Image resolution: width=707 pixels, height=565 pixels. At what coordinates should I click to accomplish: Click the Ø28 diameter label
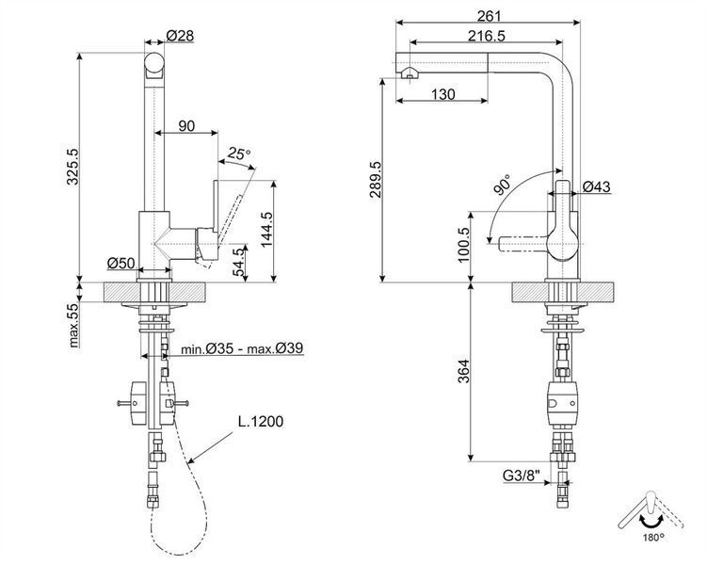pos(180,35)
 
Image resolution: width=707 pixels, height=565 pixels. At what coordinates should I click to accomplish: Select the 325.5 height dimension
pos(72,167)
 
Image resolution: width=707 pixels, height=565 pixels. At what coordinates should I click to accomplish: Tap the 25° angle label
pos(238,153)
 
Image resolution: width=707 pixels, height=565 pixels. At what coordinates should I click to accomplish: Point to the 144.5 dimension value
pos(267,230)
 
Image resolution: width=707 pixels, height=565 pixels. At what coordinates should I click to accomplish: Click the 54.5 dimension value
pos(239,263)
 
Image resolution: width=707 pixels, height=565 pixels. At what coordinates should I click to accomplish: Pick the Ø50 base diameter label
pos(121,263)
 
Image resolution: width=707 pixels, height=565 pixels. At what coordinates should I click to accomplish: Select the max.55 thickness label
pos(73,325)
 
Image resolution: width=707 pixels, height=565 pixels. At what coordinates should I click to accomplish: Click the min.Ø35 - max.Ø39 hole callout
pos(242,348)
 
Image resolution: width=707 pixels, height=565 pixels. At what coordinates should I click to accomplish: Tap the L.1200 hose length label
pos(261,422)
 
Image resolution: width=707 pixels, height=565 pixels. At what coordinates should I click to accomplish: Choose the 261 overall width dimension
pos(490,16)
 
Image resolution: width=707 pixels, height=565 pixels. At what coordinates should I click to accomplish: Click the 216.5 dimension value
pos(487,36)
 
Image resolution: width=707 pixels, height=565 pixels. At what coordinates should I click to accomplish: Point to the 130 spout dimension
pos(443,95)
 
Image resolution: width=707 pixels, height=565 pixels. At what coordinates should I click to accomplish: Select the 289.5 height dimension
pos(376,180)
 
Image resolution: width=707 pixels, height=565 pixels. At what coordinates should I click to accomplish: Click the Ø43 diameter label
pos(596,186)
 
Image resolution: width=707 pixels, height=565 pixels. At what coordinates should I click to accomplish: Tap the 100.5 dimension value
pos(463,245)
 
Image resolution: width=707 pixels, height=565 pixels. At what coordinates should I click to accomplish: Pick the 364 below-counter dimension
pos(463,371)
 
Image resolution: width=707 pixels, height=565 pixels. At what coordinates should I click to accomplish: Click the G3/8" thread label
pos(522,476)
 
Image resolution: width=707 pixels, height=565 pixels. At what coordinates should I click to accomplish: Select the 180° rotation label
pos(653,537)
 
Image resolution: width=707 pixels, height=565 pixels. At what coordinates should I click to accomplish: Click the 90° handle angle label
pos(503,185)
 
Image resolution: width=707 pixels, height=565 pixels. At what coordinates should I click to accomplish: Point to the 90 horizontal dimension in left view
pos(186,126)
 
